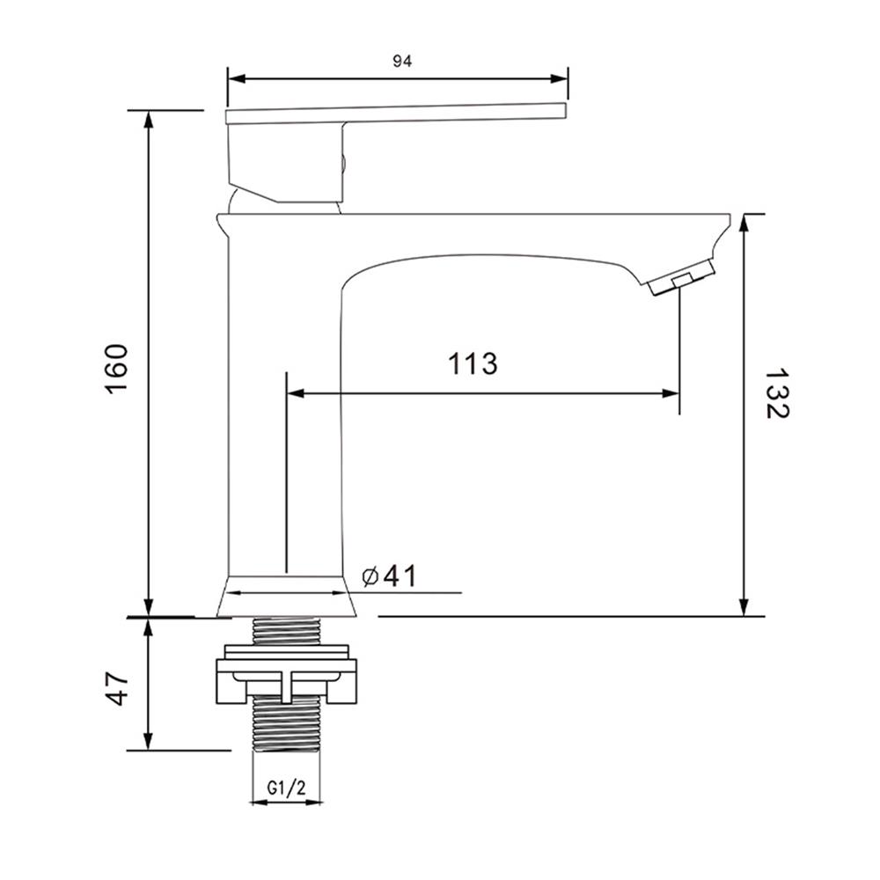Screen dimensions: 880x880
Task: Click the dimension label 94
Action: coord(402,62)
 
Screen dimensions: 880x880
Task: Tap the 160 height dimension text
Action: coord(117,369)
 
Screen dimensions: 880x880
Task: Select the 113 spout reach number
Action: coord(473,363)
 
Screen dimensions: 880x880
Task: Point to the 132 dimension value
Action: coord(777,393)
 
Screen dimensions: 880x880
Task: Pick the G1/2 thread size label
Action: coord(286,788)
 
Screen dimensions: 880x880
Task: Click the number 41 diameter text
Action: coord(400,576)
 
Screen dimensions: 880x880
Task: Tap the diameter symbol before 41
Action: coord(370,576)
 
